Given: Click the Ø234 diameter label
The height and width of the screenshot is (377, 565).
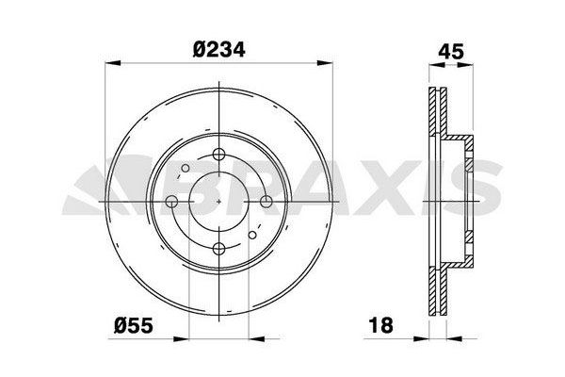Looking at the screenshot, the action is [x=218, y=49].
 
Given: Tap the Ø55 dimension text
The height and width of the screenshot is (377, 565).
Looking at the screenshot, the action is [x=134, y=325].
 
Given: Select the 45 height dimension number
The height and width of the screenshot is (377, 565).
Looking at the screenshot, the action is [x=451, y=52].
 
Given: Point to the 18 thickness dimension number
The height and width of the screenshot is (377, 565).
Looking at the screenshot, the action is [x=381, y=325].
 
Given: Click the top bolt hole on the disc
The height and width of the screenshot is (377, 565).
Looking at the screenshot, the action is [x=218, y=155].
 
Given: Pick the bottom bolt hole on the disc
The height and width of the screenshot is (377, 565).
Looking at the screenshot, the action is [x=218, y=248].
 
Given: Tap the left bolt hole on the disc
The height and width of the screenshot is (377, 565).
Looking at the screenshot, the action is [x=171, y=202].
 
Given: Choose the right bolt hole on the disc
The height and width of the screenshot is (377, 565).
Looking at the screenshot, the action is [x=266, y=202].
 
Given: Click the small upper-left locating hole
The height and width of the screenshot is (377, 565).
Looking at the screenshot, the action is [x=186, y=168].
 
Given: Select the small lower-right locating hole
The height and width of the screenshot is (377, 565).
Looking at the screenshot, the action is [x=252, y=236].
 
